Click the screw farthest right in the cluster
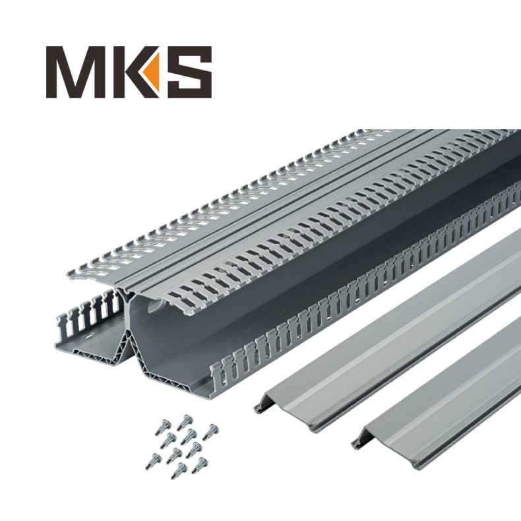[x=210, y=432]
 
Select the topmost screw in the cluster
[x=185, y=419]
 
